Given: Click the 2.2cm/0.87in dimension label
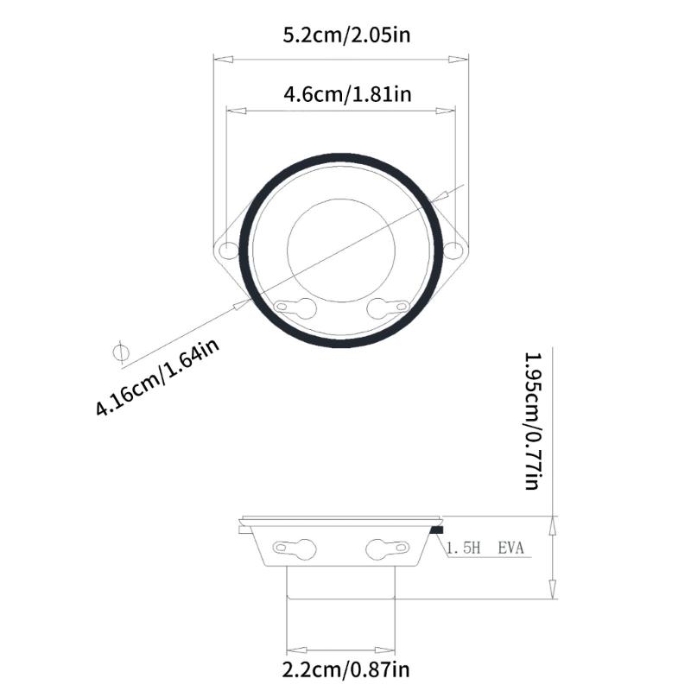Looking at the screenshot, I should pyautogui.click(x=345, y=669).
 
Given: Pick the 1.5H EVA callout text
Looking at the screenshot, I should pyautogui.click(x=485, y=548).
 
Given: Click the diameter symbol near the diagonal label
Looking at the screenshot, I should pyautogui.click(x=120, y=352).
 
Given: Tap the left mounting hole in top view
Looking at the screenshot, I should pyautogui.click(x=227, y=250).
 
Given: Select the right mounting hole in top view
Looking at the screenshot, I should pyautogui.click(x=453, y=250).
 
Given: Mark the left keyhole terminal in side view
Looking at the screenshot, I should pyautogui.click(x=295, y=547).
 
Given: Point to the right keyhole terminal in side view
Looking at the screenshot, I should pyautogui.click(x=388, y=547).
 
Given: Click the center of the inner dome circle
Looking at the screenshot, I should pyautogui.click(x=341, y=250).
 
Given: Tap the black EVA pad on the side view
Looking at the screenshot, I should pyautogui.click(x=436, y=529).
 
